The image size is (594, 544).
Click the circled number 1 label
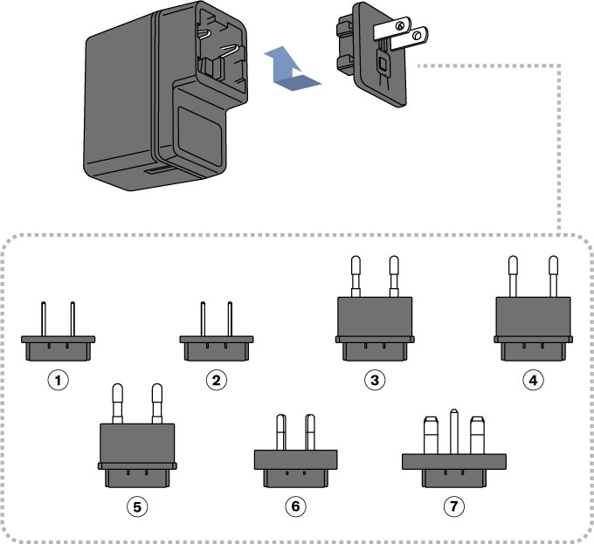pyautogui.click(x=59, y=380)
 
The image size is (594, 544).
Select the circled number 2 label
pyautogui.click(x=218, y=380)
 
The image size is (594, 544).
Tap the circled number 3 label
pyautogui.click(x=375, y=380)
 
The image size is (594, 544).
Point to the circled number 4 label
pyautogui.click(x=533, y=380)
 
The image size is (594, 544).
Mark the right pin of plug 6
pyautogui.click(x=310, y=431)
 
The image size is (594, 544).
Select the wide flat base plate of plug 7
pyautogui.click(x=454, y=460)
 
